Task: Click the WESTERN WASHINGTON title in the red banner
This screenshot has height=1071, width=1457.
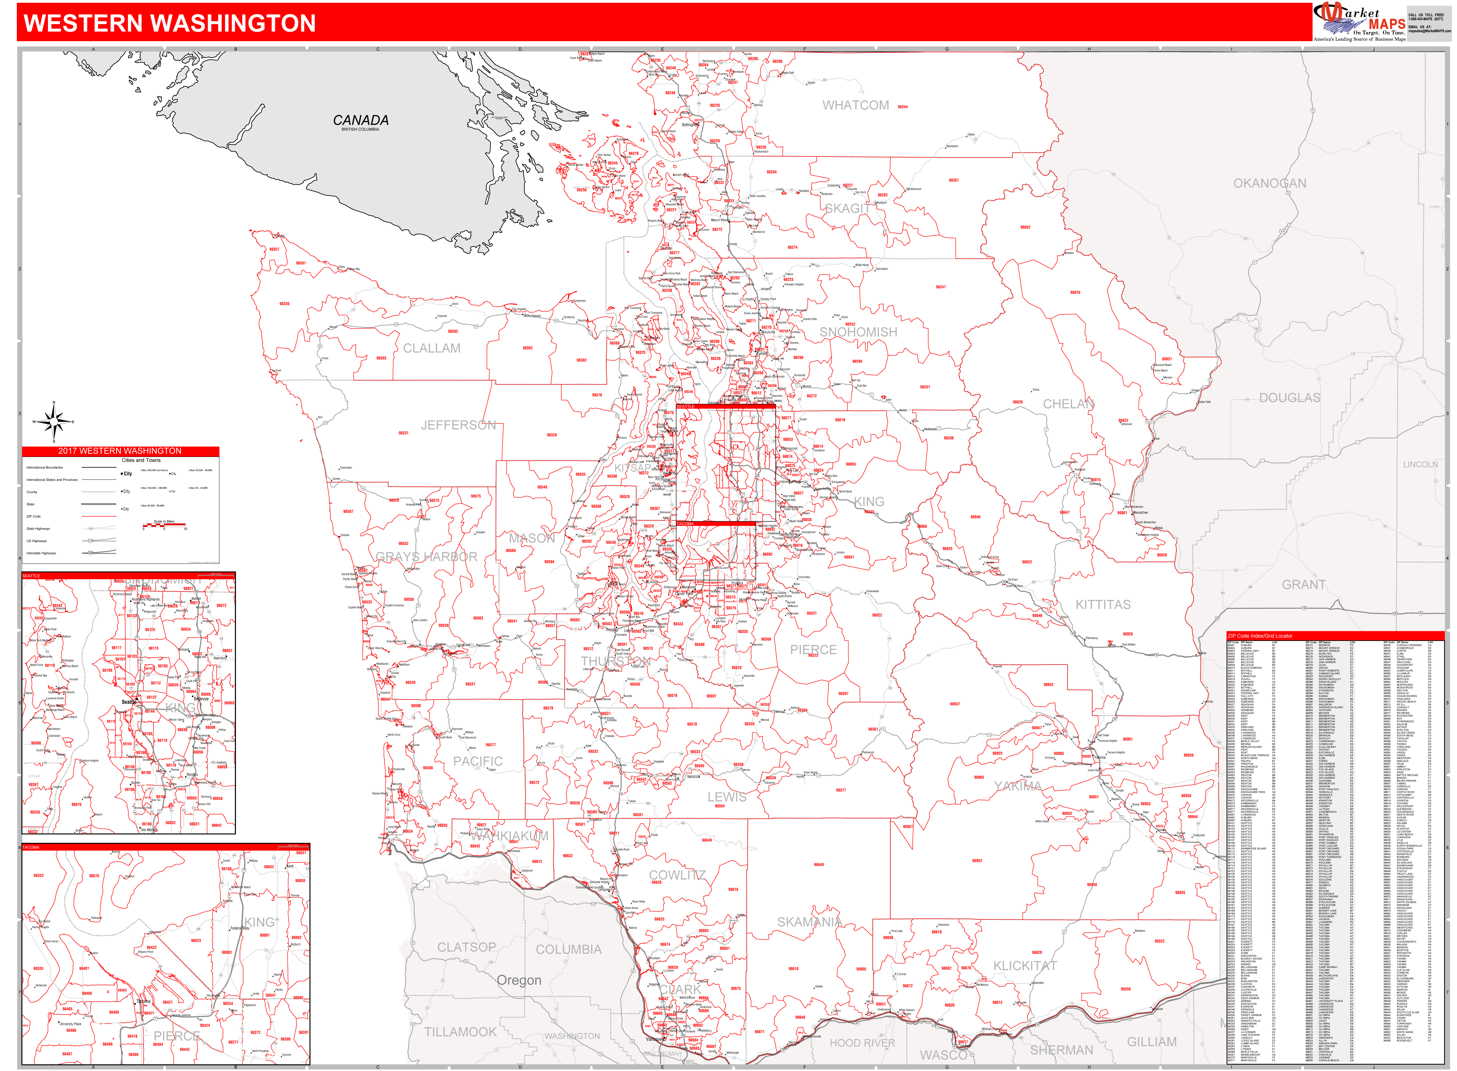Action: (170, 23)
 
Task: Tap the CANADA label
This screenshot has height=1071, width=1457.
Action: (361, 121)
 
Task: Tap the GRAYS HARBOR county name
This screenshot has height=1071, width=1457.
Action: (427, 557)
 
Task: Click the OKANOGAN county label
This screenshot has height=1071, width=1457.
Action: (1270, 183)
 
